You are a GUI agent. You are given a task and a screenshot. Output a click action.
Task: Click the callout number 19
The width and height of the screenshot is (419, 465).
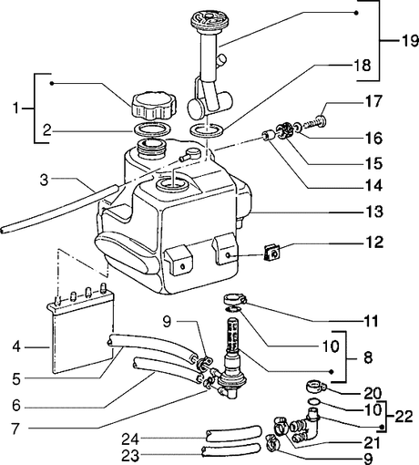tap(410, 40)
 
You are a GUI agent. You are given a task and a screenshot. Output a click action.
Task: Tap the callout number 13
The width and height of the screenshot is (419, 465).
tap(374, 212)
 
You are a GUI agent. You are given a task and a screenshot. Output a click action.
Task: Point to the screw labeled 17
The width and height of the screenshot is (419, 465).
tap(315, 123)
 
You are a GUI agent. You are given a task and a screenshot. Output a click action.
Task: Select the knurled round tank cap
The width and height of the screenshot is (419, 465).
tap(154, 107)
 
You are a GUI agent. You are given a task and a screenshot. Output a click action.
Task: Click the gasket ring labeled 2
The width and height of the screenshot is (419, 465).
tap(152, 129)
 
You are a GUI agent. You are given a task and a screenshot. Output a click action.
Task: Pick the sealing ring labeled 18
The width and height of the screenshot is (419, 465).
tap(207, 130)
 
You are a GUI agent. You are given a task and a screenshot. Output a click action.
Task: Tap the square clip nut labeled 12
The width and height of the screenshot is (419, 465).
tap(272, 253)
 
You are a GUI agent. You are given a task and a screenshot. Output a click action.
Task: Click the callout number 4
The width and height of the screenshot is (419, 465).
tap(16, 346)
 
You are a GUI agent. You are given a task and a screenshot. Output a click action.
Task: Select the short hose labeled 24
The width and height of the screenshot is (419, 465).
tap(233, 433)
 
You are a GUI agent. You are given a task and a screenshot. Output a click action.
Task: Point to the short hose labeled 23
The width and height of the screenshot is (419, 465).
tap(230, 450)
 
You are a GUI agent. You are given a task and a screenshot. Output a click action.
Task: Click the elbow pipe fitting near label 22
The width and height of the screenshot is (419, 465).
tap(307, 427)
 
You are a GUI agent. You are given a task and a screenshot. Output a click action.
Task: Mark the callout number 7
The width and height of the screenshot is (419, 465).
tap(16, 429)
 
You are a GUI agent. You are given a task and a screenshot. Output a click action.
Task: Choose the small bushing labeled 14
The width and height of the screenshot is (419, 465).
tap(268, 135)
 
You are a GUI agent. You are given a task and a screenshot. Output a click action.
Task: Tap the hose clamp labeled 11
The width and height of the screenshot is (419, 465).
tap(235, 299)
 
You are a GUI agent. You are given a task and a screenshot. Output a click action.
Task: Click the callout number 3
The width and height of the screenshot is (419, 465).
tap(44, 180)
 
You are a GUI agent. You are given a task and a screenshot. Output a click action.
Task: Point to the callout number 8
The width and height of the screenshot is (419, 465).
tap(368, 357)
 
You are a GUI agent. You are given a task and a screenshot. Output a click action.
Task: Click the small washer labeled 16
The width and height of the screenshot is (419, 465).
tap(298, 127)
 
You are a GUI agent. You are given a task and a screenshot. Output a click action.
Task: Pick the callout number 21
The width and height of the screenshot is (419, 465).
tap(372, 443)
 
